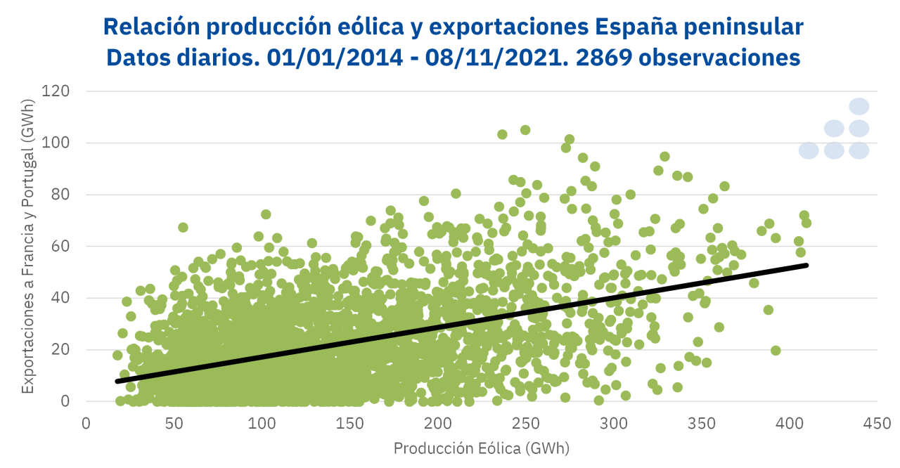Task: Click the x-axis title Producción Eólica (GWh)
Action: (481, 448)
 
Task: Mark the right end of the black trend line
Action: (806, 265)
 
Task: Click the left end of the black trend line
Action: (117, 381)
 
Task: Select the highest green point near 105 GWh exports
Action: (525, 130)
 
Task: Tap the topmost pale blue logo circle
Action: (859, 106)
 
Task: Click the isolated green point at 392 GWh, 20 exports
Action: (776, 350)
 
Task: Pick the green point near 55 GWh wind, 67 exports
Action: (183, 227)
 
